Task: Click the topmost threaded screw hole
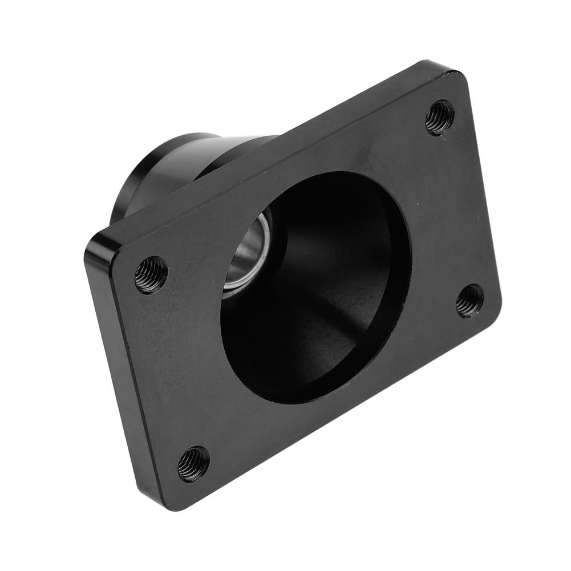click(440, 118)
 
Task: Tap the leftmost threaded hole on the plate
click(151, 274)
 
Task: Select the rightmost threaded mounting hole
click(470, 300)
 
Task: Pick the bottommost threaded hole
click(193, 464)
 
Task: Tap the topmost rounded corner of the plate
click(451, 72)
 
